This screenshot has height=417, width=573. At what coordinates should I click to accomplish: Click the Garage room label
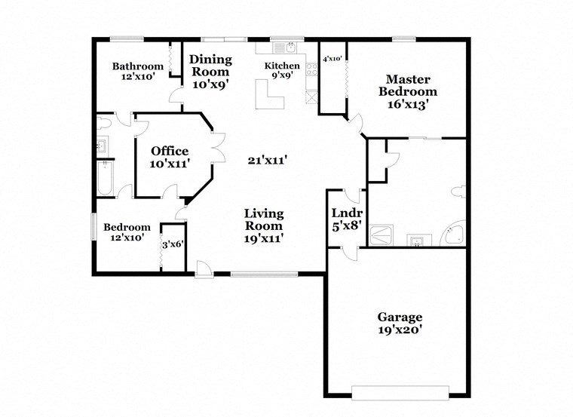[x=400, y=323]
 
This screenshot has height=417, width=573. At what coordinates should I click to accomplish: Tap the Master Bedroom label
[x=408, y=92]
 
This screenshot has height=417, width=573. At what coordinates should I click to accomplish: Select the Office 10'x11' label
[x=169, y=157]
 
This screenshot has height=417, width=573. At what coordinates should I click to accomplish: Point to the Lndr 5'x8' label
[x=347, y=219]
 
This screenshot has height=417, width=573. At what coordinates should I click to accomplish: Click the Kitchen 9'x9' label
[x=282, y=71]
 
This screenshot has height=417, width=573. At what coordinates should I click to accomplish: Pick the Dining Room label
[x=209, y=72]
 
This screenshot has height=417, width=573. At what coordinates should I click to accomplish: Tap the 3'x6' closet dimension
[x=173, y=244]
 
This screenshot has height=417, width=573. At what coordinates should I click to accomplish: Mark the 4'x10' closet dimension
[x=332, y=58]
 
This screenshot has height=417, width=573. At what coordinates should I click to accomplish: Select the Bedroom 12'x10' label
[x=127, y=232]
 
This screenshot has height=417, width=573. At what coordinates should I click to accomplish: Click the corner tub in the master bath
[x=453, y=235]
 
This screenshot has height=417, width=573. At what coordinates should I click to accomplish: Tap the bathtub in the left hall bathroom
[x=104, y=179]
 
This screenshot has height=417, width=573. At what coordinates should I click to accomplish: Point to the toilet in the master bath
[x=459, y=192]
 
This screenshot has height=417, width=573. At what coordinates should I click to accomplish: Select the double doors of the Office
[x=218, y=146]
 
